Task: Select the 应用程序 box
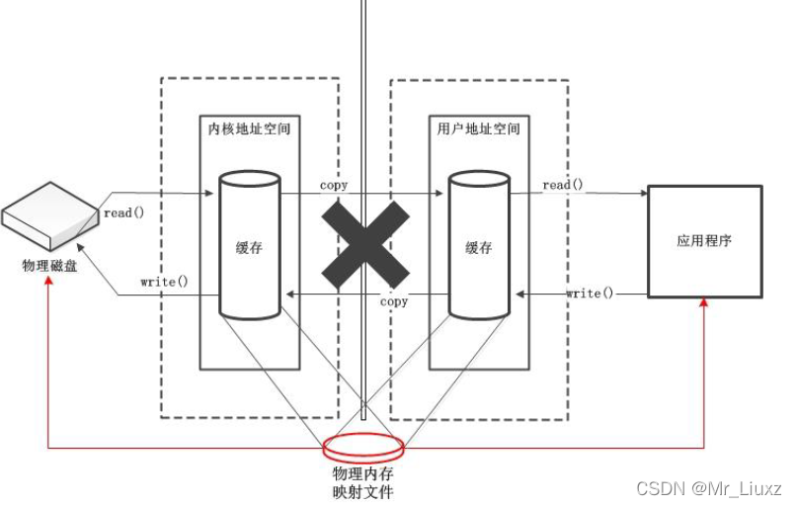(704, 240)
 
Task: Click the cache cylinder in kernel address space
(248, 245)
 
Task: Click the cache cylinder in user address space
(478, 245)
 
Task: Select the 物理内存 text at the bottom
(362, 473)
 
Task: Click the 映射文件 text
(362, 491)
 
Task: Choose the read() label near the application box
(562, 185)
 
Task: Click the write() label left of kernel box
(164, 282)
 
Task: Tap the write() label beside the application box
(590, 294)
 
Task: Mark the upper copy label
(334, 185)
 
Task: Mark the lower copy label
(394, 301)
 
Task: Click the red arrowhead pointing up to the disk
(49, 285)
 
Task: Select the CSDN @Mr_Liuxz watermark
(709, 488)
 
